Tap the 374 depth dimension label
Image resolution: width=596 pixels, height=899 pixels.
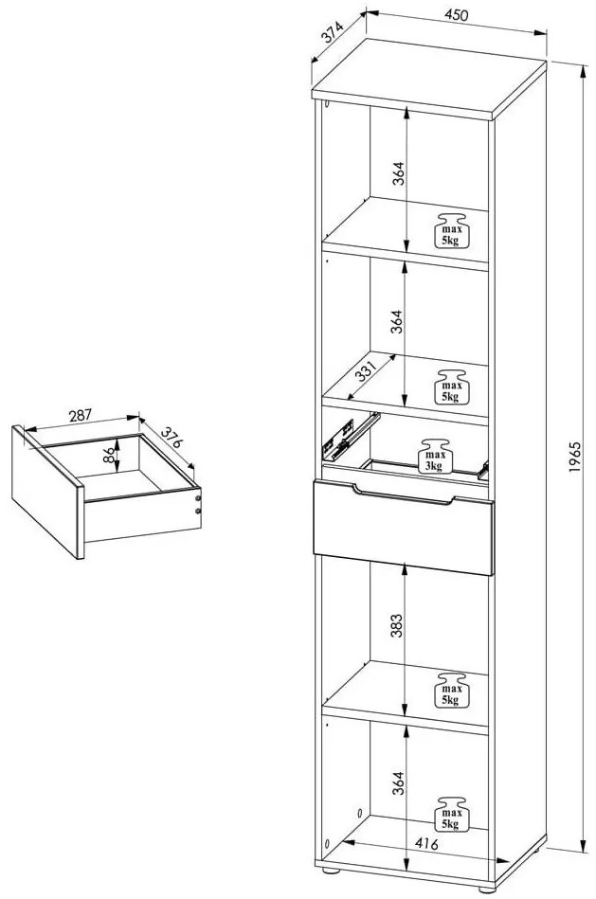[x=332, y=33]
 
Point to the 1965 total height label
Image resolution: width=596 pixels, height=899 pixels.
[x=574, y=459]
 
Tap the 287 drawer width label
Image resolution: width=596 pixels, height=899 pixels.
[x=81, y=414]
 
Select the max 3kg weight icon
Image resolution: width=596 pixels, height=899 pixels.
[x=435, y=456]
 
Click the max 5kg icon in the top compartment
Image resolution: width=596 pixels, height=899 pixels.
[x=450, y=230]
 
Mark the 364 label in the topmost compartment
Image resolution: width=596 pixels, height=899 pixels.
[x=399, y=175]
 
